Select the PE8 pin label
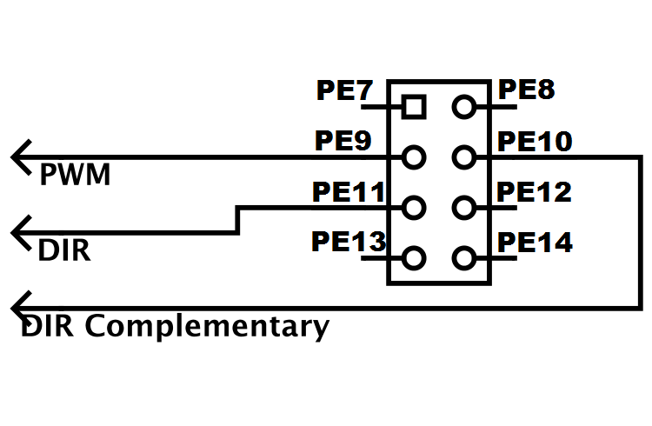[524, 90]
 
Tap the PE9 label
[342, 140]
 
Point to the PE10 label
[534, 141]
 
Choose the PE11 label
[348, 191]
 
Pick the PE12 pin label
[534, 191]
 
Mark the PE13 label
[348, 242]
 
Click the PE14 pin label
[534, 243]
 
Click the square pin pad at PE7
[415, 107]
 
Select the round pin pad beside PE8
[464, 107]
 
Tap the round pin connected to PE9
[415, 157]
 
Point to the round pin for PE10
[464, 157]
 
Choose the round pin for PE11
[415, 208]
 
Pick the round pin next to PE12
[464, 208]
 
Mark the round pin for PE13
[415, 258]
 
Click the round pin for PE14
[464, 258]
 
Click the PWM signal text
[76, 176]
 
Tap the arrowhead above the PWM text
[21, 157]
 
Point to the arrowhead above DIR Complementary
[21, 308]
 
